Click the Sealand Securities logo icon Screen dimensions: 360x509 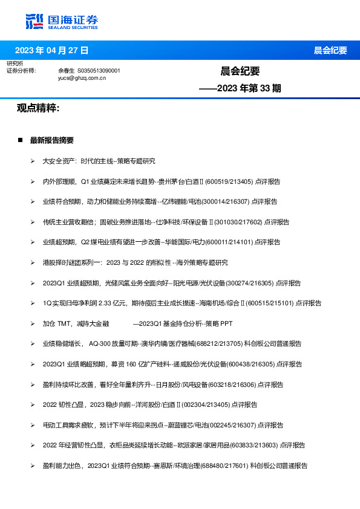tap(34, 21)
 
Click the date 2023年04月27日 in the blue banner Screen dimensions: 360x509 tap(51, 50)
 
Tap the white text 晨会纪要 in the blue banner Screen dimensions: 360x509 tap(330, 50)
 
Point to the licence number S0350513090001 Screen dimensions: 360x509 tap(99, 71)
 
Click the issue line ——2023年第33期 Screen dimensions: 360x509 tap(241, 88)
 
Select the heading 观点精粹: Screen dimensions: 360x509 tap(38, 108)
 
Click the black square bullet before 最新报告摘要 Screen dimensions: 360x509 tap(20, 140)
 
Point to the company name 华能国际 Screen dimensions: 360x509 tap(191, 242)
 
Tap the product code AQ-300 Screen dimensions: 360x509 tap(100, 344)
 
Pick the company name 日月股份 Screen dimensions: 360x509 tap(168, 384)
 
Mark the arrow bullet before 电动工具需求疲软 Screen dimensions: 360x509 tap(33, 426)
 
